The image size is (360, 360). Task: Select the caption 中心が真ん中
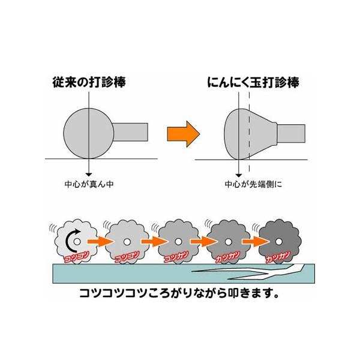coord(88,184)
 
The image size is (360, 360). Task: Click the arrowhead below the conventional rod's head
coord(88,171)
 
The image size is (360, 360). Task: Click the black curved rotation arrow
coord(73,241)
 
